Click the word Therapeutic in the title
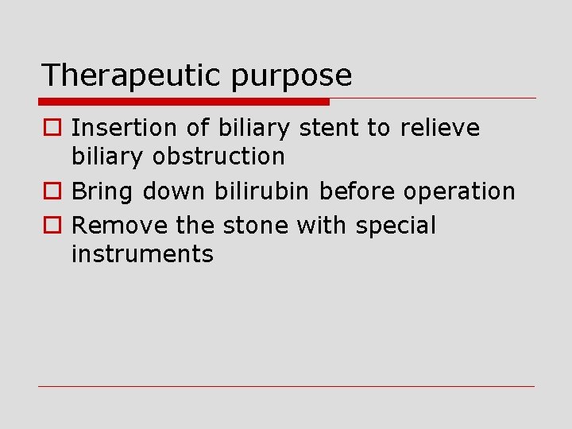[132, 76]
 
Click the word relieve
[440, 128]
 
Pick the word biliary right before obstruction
[106, 157]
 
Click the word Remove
[120, 226]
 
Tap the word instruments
[142, 254]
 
